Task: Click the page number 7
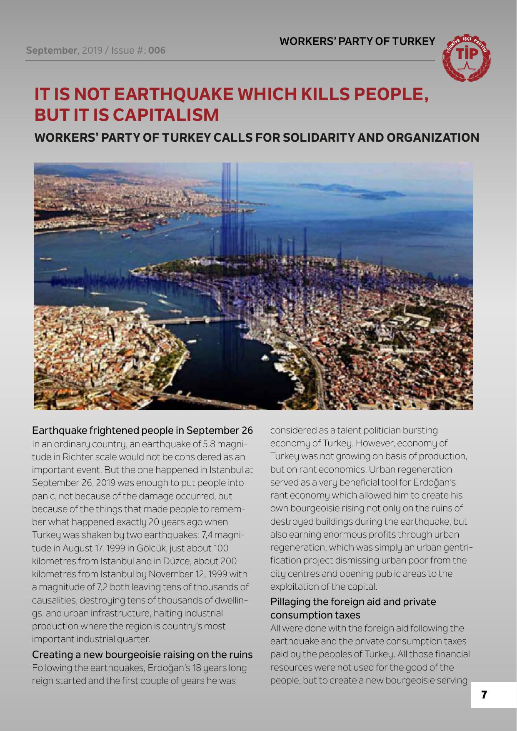pos(484,695)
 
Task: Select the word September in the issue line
pos(51,50)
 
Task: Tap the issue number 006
pos(157,50)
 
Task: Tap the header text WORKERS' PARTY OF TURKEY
pos(357,41)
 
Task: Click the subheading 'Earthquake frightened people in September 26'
pos(142,430)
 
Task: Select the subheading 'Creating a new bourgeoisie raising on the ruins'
pos(142,654)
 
